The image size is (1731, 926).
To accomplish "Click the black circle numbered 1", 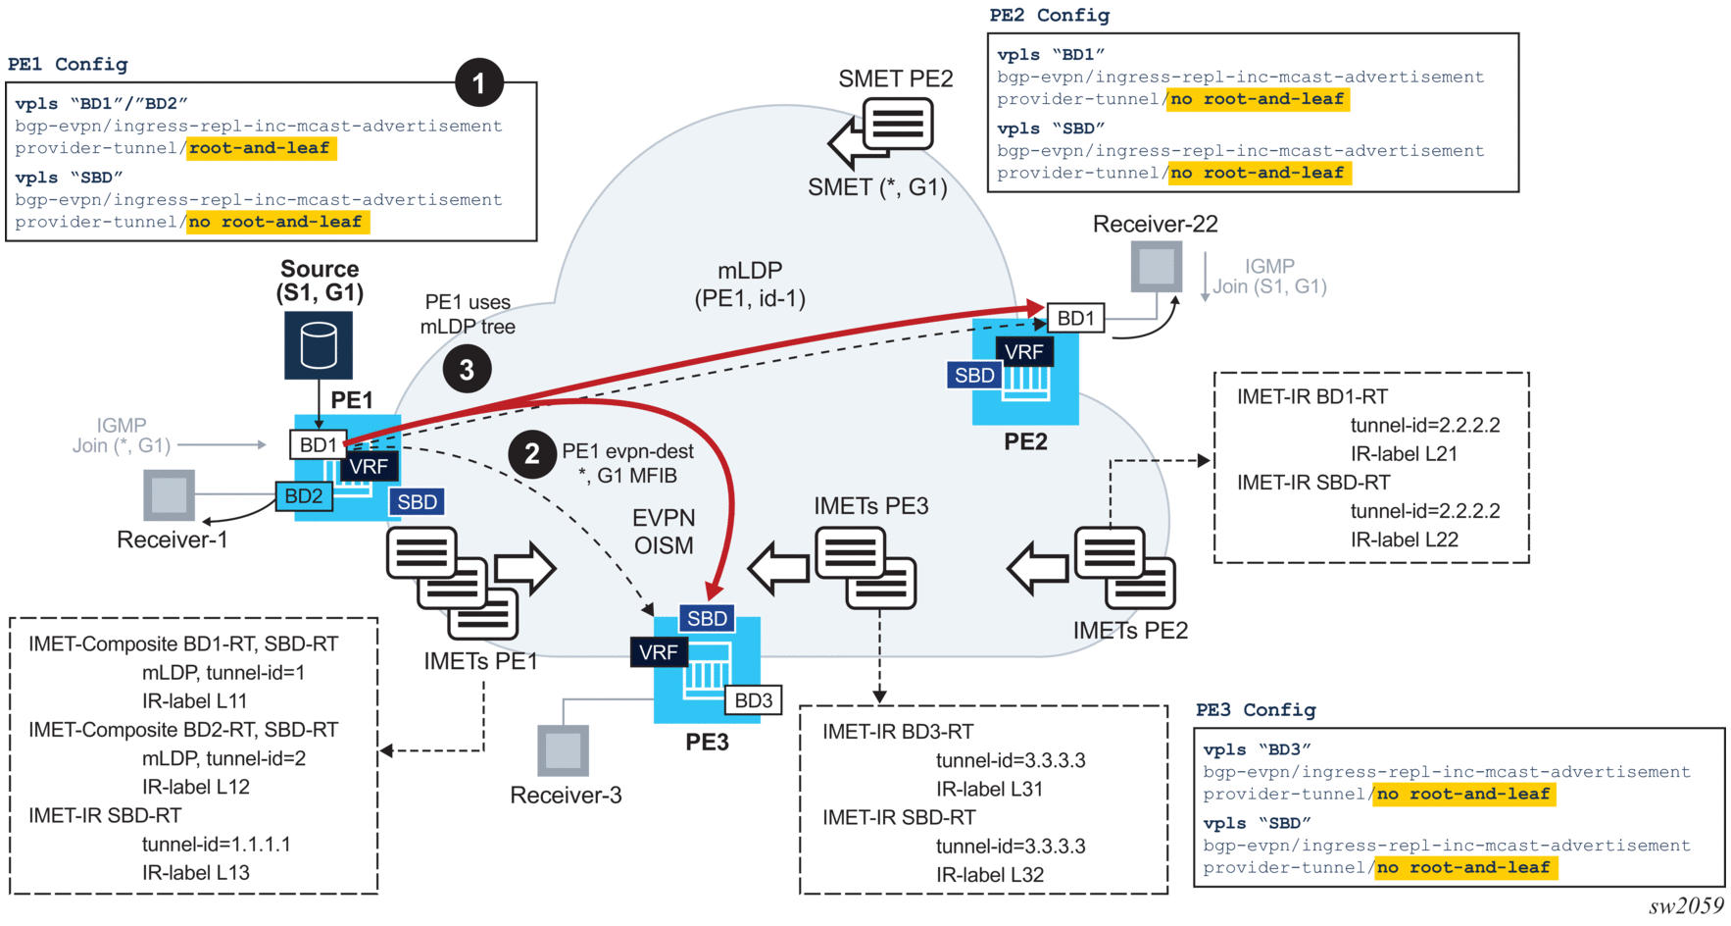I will coord(478,83).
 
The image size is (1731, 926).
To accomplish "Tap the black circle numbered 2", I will coord(532,453).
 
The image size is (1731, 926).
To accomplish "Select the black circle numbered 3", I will coord(467,370).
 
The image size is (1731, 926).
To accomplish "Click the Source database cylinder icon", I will coord(319,345).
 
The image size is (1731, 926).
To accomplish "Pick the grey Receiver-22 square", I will coord(1157,267).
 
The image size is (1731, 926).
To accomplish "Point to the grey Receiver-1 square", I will coord(169,494).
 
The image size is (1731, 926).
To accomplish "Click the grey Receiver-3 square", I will coord(564,750).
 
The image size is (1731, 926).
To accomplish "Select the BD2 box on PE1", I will coord(304,496).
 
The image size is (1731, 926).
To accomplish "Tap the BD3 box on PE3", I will coord(753,700).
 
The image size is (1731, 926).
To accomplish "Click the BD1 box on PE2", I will coord(1075,318).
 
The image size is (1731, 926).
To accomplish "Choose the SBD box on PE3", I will coord(707,618).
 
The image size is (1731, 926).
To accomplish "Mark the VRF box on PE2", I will coord(1023,351).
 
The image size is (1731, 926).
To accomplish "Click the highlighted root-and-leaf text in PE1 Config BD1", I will coord(261,148).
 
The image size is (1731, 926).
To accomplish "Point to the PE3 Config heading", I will coord(1255,709).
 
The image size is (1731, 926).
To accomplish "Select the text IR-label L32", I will coord(989,874).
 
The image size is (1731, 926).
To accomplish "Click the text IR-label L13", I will coord(195,872).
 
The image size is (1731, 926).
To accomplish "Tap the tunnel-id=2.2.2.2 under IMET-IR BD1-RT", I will coord(1424,425).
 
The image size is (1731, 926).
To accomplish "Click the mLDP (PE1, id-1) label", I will coord(750,284).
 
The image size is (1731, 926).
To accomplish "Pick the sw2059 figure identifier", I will coord(1685,905).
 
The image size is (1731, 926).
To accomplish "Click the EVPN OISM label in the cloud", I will coord(664,532).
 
